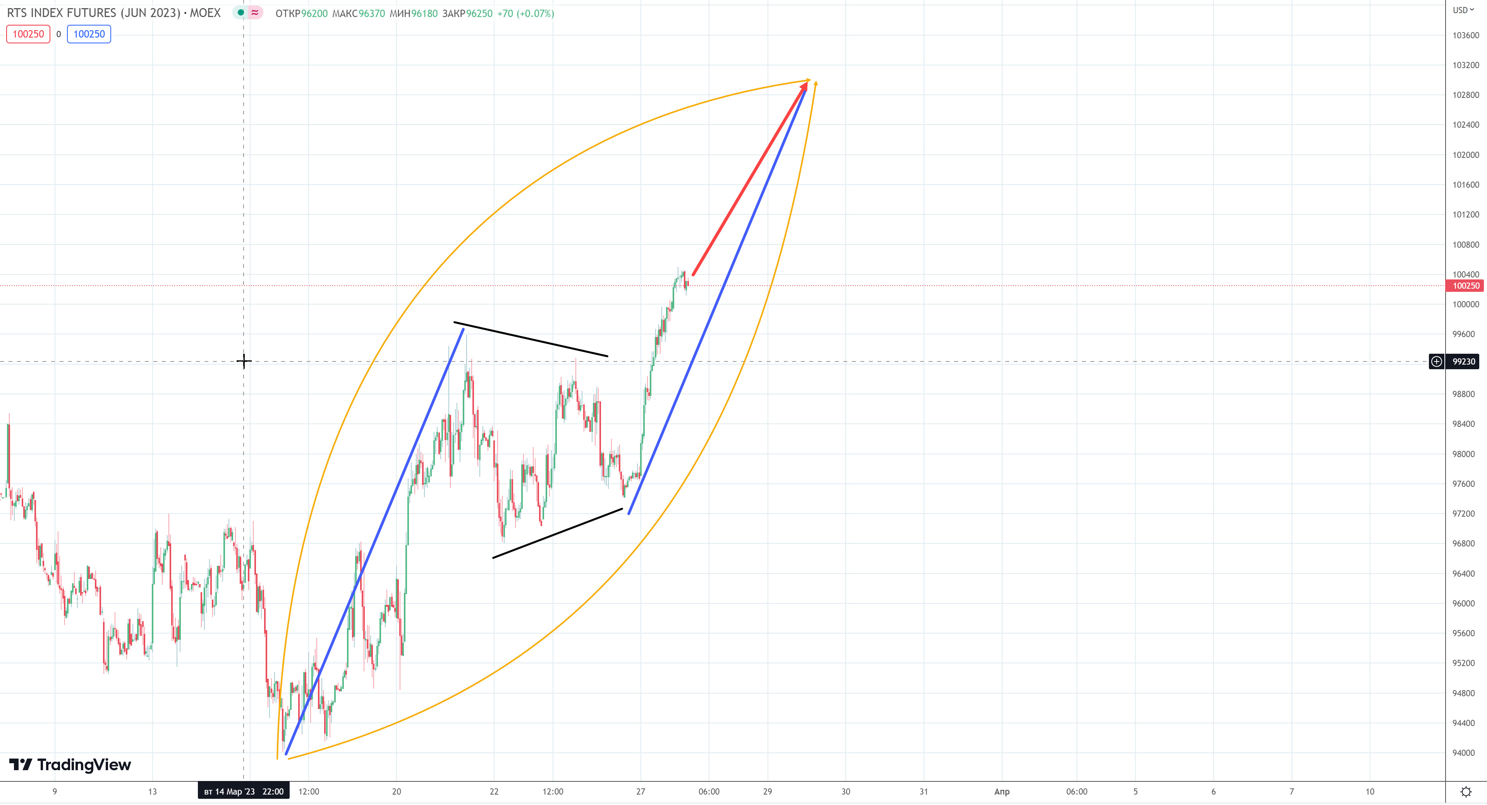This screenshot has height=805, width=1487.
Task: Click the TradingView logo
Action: pos(70,765)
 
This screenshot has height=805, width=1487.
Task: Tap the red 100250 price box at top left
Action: pos(28,34)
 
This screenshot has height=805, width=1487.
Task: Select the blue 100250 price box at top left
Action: pos(89,34)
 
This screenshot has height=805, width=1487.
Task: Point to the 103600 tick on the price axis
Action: pos(1466,35)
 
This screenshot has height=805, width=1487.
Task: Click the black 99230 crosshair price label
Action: pos(1463,362)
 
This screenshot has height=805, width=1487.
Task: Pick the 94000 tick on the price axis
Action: pos(1463,753)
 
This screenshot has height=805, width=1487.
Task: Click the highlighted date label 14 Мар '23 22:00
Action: pos(244,791)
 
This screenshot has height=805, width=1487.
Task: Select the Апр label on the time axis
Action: pos(1001,791)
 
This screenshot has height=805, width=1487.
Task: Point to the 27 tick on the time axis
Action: pos(641,791)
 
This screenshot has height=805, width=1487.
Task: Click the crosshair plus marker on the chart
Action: pos(244,361)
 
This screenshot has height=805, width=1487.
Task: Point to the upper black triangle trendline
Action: pos(531,339)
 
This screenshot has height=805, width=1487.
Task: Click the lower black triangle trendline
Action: pos(557,534)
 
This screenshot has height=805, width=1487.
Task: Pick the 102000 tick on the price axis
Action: pos(1466,155)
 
